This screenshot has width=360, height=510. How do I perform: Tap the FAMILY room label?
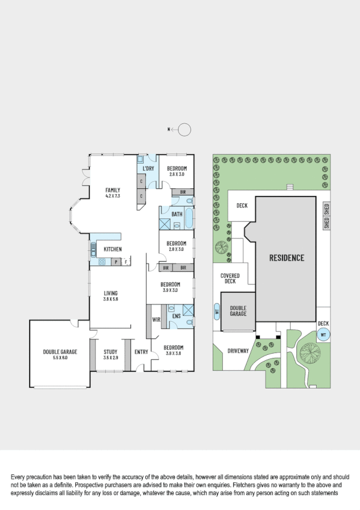(113, 190)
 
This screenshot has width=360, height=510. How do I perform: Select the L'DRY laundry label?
(148, 168)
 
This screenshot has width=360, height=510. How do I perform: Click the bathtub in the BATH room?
(189, 218)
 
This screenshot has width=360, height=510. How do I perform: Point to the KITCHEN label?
(112, 249)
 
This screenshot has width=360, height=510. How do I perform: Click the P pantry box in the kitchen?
(115, 262)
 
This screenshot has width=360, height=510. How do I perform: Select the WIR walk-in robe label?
(156, 319)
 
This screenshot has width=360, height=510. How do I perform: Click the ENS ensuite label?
(176, 315)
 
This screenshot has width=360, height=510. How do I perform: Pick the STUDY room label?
(110, 352)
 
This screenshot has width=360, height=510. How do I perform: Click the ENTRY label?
(141, 352)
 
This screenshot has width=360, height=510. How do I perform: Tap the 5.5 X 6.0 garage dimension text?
(59, 358)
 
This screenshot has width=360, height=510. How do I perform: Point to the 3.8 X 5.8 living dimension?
(111, 299)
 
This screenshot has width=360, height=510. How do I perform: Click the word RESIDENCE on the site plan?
(286, 258)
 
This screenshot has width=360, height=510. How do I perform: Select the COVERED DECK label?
(231, 278)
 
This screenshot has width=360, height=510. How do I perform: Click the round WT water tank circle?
(323, 335)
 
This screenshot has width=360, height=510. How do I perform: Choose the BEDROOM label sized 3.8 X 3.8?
(175, 348)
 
